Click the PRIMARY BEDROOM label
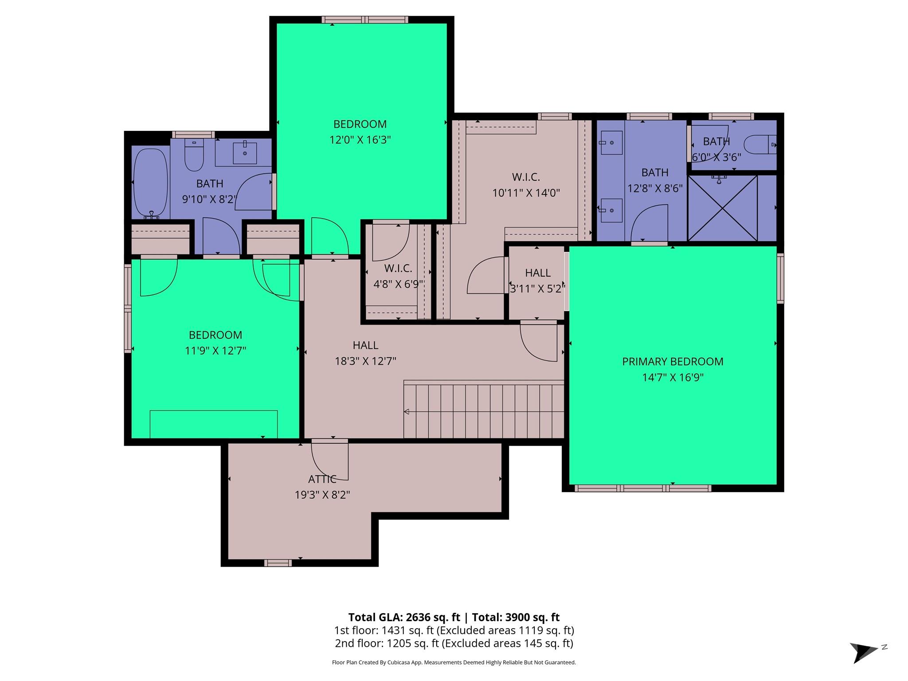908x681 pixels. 673,362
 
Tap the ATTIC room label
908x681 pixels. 322,479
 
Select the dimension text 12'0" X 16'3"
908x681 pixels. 360,140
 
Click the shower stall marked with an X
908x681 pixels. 722,208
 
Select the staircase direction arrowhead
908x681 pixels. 406,412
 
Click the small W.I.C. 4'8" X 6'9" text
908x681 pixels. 398,284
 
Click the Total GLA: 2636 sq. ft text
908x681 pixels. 404,618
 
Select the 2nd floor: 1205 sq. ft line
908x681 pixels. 454,643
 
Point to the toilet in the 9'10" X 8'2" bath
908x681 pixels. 194,157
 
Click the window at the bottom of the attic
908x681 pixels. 278,563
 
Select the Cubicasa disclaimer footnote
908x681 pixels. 454,662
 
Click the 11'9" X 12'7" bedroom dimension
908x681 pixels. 215,351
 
